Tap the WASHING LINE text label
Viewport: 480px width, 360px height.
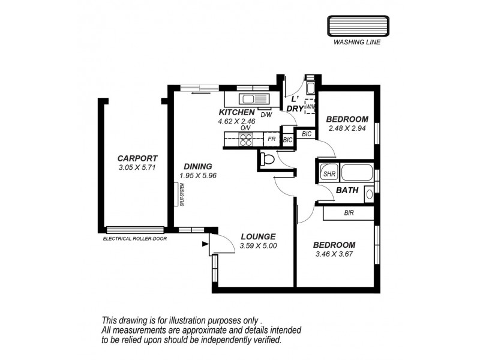coord(356,43)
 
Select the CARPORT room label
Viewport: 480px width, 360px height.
coord(137,158)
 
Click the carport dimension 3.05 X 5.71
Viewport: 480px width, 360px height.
coord(137,168)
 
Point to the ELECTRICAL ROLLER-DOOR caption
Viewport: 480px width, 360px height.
coord(134,238)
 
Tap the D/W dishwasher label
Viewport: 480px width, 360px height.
coord(266,115)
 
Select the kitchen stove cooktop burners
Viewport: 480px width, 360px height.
coord(246,139)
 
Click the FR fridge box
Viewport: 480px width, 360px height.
coord(272,139)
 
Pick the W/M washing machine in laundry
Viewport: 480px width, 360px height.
coord(310,106)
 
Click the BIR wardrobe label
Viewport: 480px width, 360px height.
coord(349,213)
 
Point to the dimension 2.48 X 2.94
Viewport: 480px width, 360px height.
coord(347,128)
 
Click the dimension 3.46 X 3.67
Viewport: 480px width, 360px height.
coord(335,254)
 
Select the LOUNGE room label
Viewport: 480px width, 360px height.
coord(257,236)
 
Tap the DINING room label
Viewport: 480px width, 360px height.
coord(197,166)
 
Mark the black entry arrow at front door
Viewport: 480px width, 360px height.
coord(206,244)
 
